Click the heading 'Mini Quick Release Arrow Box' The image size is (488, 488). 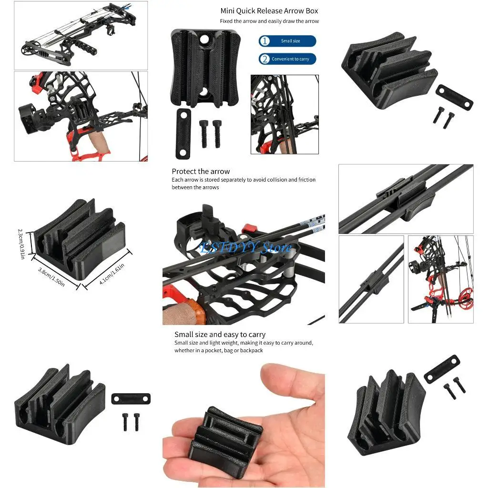pyautogui.click(x=269, y=10)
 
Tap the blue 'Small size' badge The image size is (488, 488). pyautogui.click(x=287, y=41)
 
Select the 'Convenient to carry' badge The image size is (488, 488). pyautogui.click(x=287, y=59)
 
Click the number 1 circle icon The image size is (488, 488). pyautogui.click(x=264, y=41)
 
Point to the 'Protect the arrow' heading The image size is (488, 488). pyautogui.click(x=201, y=172)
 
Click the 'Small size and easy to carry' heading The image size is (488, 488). pyautogui.click(x=220, y=335)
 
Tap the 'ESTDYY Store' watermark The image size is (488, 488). pyautogui.click(x=245, y=248)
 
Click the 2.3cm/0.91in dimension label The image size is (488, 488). pyautogui.click(x=21, y=244)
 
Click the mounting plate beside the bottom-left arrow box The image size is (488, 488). pyautogui.click(x=131, y=398)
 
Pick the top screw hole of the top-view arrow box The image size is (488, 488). pyautogui.click(x=205, y=39)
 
